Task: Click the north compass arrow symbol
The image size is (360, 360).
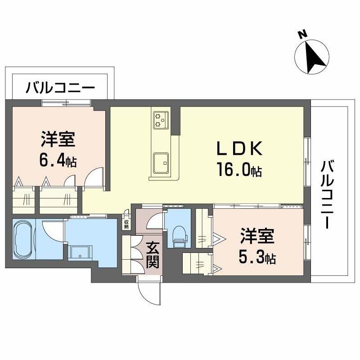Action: [x=316, y=58]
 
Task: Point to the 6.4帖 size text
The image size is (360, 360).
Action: [x=58, y=160]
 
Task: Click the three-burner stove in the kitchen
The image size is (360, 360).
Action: [x=160, y=119]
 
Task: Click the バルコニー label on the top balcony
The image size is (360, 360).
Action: [x=60, y=87]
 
